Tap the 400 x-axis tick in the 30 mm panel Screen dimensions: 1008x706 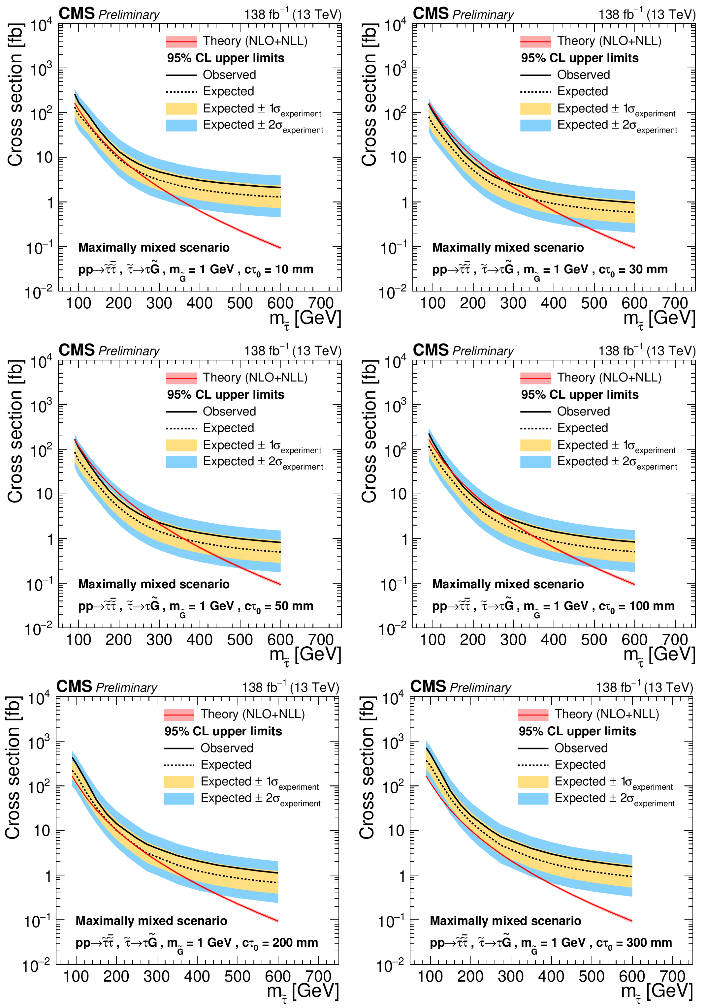tap(554, 303)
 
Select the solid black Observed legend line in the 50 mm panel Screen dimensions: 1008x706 tap(181, 412)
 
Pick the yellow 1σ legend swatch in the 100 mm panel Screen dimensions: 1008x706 tap(535, 445)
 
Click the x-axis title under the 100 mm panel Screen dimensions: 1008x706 tap(659, 655)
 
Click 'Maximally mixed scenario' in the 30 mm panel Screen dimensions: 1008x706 tap(508, 248)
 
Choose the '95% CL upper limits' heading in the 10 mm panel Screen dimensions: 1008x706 tap(225, 58)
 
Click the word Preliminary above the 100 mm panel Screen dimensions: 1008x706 tap(483, 351)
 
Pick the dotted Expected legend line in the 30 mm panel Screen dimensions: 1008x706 tap(535, 92)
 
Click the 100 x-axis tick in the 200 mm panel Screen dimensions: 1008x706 tap(76, 976)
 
